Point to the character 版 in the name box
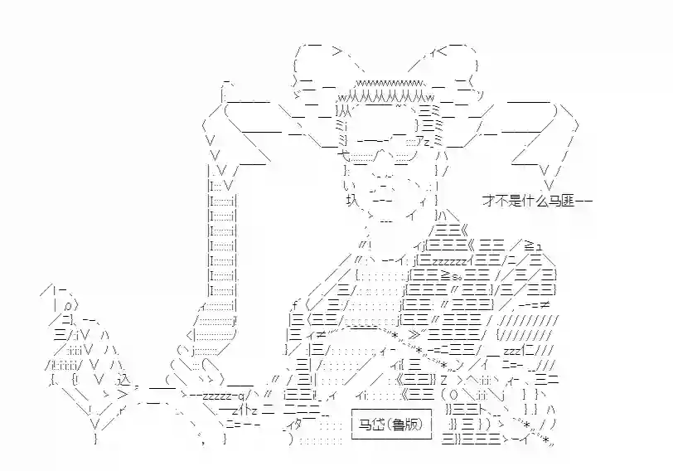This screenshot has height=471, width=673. point(411,425)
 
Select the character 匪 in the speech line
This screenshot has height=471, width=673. point(569,201)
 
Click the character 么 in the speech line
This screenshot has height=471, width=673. point(542,201)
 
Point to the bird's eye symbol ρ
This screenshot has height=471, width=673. point(68,307)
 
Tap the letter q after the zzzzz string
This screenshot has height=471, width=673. point(241,395)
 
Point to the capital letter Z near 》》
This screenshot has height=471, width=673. point(443,380)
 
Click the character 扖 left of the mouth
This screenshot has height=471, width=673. point(352,200)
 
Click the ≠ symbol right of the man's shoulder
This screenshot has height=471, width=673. point(545,305)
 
